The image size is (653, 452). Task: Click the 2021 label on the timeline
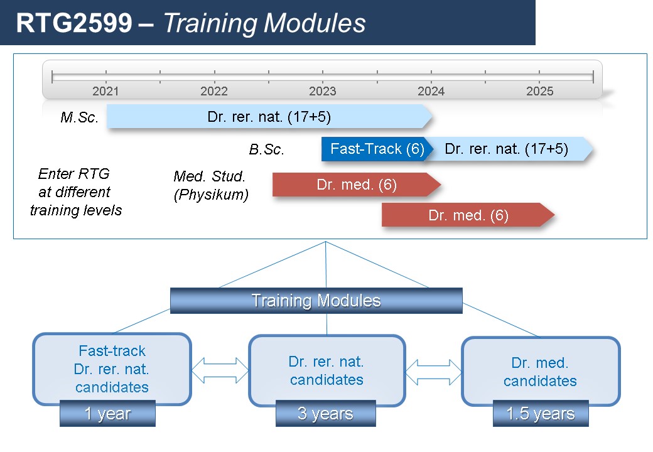(105, 91)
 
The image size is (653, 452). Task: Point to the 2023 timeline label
(322, 91)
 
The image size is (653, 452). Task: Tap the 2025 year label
(540, 91)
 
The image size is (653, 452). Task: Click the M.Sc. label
(80, 117)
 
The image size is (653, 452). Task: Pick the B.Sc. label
(266, 149)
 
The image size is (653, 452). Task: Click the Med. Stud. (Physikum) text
(211, 185)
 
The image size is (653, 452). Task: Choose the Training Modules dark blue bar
(316, 301)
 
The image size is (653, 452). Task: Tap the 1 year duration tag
(107, 413)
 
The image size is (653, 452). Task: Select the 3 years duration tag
(326, 413)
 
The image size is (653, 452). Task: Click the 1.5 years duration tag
(541, 413)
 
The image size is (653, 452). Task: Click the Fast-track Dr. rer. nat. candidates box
(112, 369)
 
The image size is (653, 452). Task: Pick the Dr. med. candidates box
(541, 371)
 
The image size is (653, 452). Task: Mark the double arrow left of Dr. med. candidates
(433, 372)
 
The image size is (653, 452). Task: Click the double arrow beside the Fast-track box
(220, 370)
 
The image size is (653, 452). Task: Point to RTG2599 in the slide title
(74, 23)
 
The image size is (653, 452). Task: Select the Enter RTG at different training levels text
(75, 192)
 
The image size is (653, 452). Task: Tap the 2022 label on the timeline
(214, 91)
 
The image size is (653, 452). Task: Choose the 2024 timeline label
(431, 91)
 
